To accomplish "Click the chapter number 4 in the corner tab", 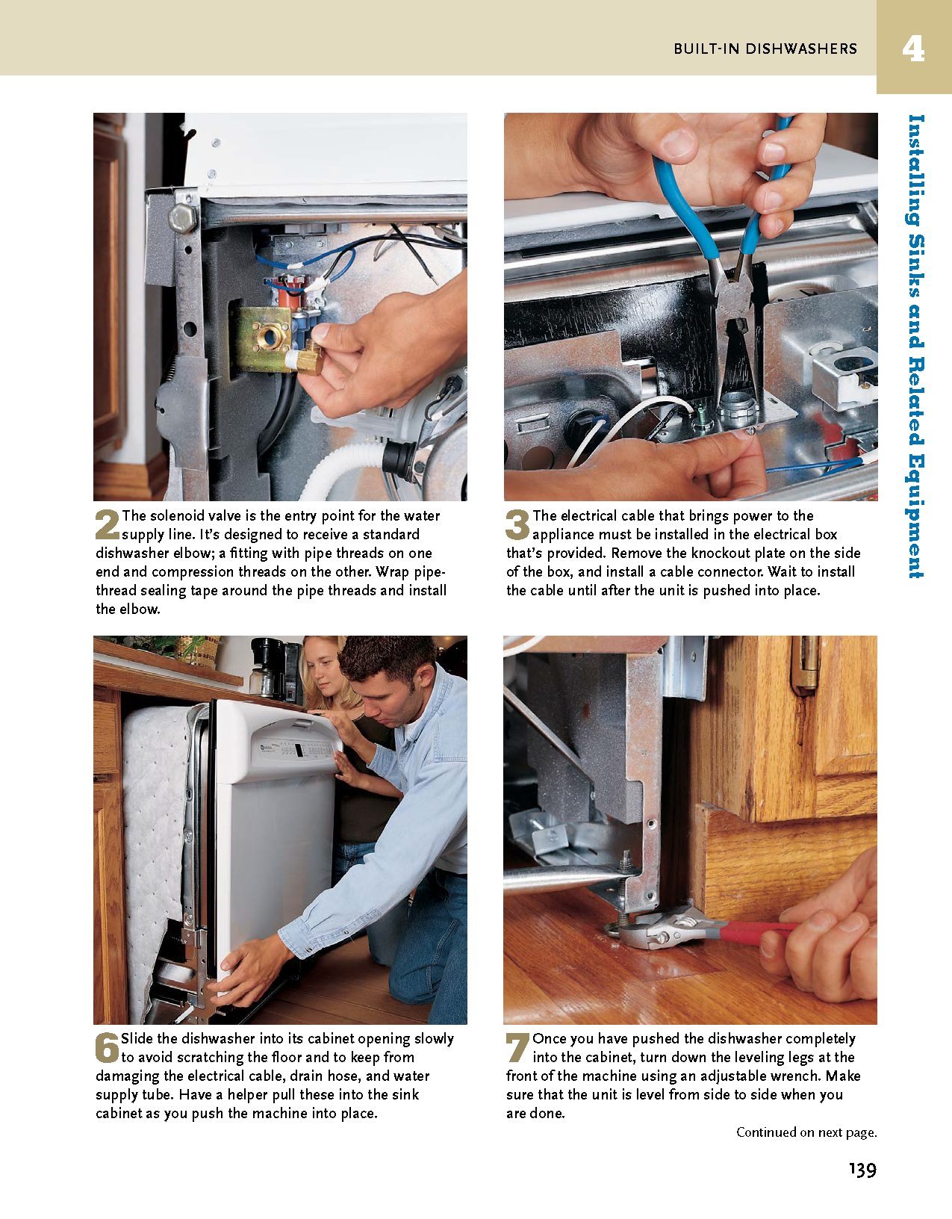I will (x=912, y=49).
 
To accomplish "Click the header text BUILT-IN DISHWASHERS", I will (x=765, y=49).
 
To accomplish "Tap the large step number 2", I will (x=108, y=524).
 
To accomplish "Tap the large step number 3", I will (x=517, y=524).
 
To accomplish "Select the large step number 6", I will (x=108, y=1046).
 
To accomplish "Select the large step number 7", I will (x=517, y=1046).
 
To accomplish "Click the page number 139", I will (x=862, y=1170).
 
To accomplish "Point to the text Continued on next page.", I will (x=806, y=1132).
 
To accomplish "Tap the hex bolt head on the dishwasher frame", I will (x=182, y=217).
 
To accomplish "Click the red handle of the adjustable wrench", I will (x=754, y=930).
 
